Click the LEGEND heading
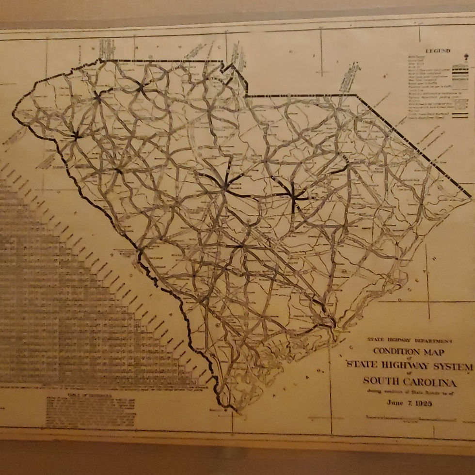[x=438, y=51]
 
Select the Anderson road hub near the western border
[x=76, y=136]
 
